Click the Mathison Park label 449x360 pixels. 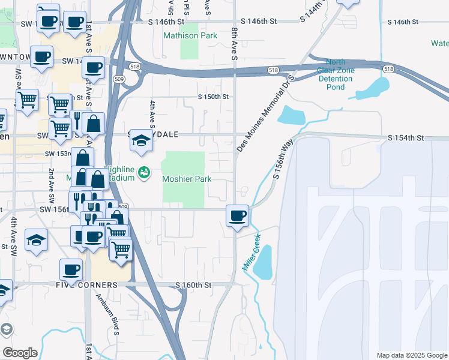click(190, 35)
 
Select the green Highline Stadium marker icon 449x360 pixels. click(143, 173)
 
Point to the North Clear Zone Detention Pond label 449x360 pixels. click(336, 74)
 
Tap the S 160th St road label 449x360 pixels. click(193, 284)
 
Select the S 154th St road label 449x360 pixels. click(406, 138)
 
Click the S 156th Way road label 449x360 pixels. click(285, 158)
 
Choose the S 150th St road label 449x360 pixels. click(214, 97)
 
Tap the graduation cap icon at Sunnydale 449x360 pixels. click(140, 140)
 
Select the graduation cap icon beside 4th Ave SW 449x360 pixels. click(37, 240)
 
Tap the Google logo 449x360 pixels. click(20, 353)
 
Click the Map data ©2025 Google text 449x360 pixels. click(411, 355)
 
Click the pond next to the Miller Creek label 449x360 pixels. click(263, 262)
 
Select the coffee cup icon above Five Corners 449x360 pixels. click(71, 269)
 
